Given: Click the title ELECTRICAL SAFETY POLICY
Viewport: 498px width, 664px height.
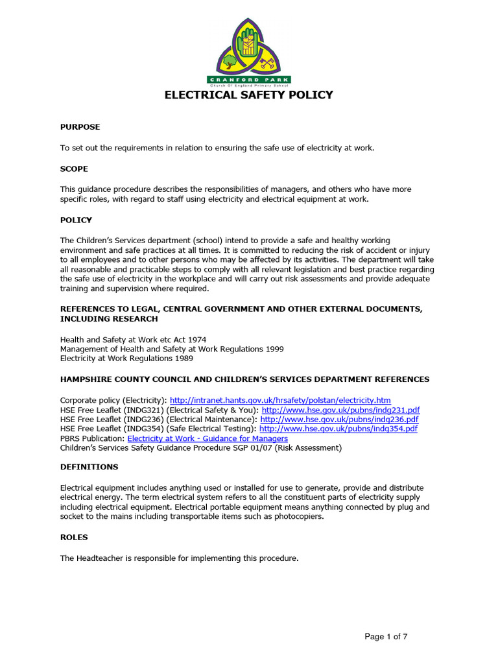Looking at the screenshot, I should point(248,95).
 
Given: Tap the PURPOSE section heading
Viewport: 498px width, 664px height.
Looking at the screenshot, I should point(80,127).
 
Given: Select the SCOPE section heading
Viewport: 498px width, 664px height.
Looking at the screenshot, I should point(74,169).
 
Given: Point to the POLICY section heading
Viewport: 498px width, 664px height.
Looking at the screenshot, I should point(76,220).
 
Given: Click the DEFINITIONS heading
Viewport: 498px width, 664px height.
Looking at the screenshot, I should point(89,467).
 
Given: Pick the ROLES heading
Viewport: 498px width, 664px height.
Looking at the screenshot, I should point(74,537).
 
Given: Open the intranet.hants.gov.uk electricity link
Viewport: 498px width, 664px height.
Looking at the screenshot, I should point(280,401).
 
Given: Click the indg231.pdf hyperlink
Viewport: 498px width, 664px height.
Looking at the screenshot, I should point(340,410).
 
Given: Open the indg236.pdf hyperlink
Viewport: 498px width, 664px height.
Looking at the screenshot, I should point(339,420).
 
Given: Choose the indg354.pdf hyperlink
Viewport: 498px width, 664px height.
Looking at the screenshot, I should point(338,429).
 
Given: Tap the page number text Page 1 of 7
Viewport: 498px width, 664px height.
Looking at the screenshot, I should point(386,637).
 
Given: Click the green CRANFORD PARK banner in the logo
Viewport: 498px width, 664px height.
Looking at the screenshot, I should point(249,80).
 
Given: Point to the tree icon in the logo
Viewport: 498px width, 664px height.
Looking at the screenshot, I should point(230,62).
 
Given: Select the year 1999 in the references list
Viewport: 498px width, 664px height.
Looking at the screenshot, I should point(274,349).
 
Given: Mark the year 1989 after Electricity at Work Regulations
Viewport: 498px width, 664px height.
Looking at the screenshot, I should point(183,358).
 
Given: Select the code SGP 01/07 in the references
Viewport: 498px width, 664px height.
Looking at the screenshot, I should point(251,447).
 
